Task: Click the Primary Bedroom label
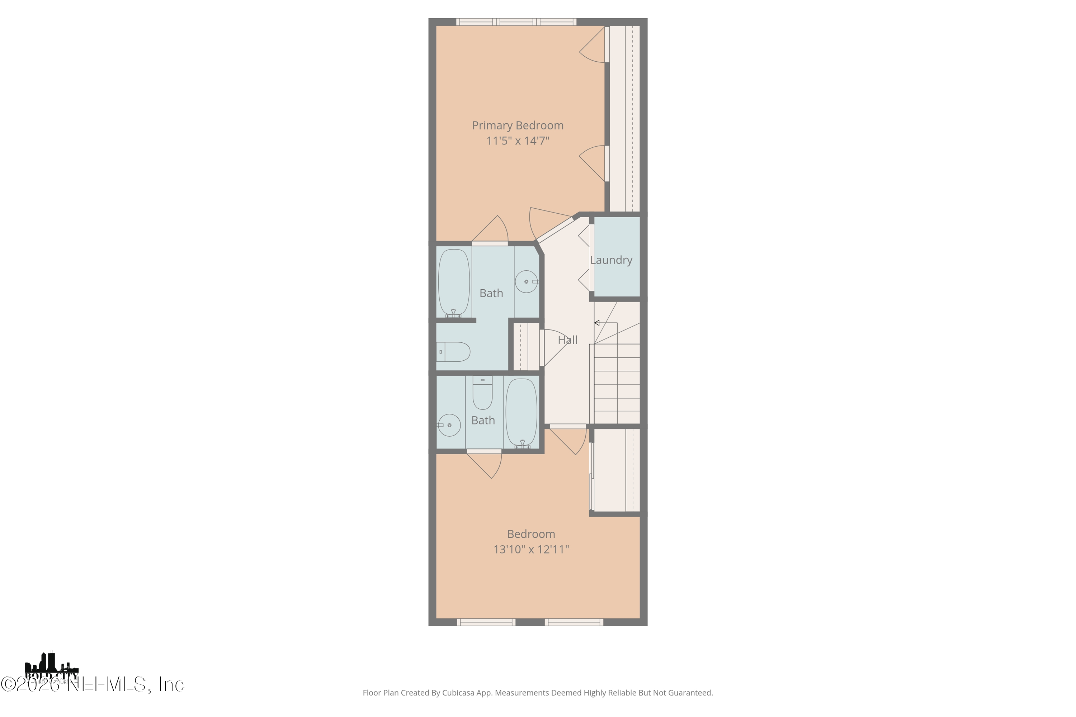(x=518, y=125)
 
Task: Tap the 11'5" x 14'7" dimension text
(x=518, y=141)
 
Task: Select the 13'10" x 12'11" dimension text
(x=531, y=549)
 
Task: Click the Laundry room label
(x=611, y=260)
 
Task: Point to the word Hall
(x=567, y=340)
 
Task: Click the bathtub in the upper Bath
(x=454, y=282)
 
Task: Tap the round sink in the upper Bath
(x=526, y=282)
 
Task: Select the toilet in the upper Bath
(x=454, y=352)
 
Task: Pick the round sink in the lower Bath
(x=449, y=425)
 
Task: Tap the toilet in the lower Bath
(x=482, y=393)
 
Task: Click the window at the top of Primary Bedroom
(x=516, y=22)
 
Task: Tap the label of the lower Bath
(x=483, y=421)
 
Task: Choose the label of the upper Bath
(x=491, y=294)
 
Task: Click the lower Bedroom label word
(x=531, y=534)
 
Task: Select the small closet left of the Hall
(x=526, y=346)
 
